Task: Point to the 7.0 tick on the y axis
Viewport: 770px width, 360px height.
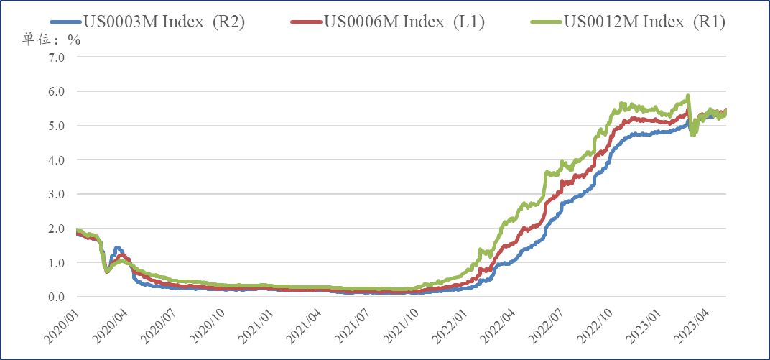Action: pos(55,57)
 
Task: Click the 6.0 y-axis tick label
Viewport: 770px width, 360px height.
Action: pos(55,92)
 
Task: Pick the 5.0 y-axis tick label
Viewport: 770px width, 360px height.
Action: pos(55,126)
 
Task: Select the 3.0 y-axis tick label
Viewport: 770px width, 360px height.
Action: pos(55,195)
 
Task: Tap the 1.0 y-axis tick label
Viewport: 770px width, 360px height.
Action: pos(55,263)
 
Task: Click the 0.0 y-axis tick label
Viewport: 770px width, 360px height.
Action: pos(55,297)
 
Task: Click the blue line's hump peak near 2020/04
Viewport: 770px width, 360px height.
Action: pos(118,248)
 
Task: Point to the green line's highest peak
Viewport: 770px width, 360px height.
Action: pos(688,96)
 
